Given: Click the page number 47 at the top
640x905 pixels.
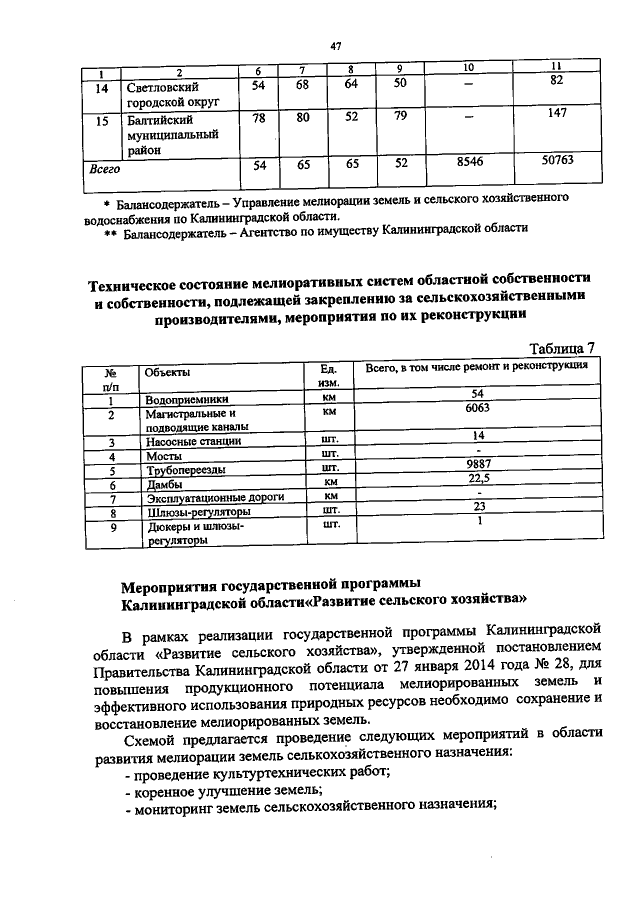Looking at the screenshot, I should (x=335, y=45).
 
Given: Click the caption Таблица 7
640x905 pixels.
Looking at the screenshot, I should (x=561, y=348).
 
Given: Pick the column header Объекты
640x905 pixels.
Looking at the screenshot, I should (x=167, y=370).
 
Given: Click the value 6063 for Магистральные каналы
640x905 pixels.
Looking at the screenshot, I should (x=477, y=409).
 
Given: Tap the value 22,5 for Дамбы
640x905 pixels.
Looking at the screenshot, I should (x=477, y=479).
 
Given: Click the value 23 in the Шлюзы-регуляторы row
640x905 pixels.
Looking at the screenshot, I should (x=477, y=507).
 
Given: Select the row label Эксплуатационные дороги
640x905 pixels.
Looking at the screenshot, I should (x=215, y=496).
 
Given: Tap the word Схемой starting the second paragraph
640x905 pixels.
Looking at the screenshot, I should (x=152, y=736).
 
